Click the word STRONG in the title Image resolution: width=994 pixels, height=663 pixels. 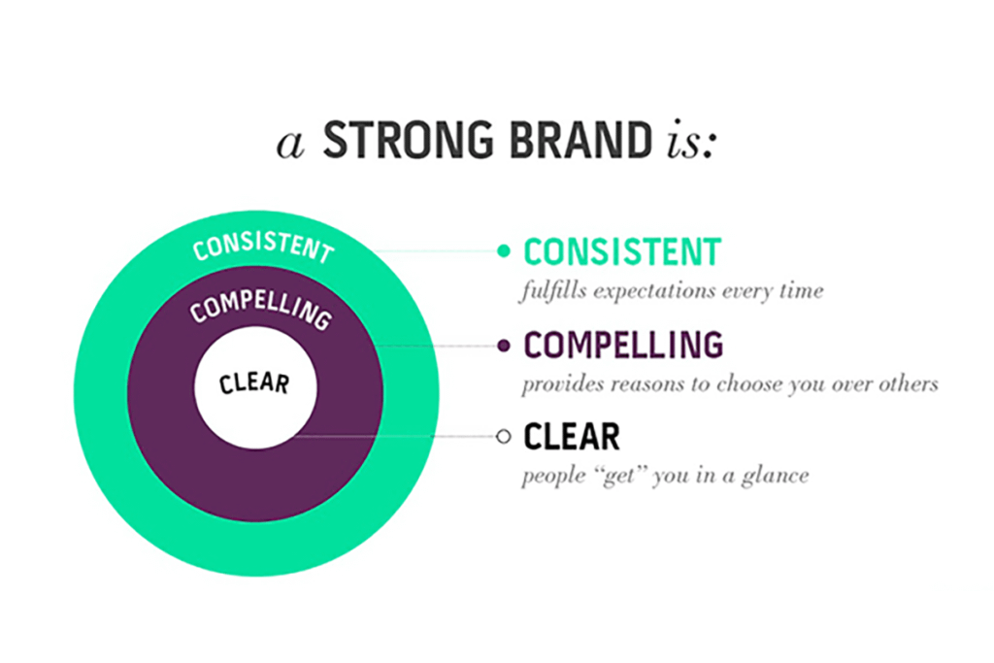409,140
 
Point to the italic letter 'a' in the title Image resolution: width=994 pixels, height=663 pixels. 291,145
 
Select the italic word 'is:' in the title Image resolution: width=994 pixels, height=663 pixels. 691,140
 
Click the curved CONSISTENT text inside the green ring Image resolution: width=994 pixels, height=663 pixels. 263,246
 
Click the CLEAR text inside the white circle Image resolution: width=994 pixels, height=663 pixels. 254,383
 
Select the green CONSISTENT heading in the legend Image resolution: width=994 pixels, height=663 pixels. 622,251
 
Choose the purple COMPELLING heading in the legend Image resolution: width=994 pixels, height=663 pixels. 623,346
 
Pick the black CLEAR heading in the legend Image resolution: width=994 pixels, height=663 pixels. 571,437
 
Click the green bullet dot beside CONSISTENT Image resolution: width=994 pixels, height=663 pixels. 504,251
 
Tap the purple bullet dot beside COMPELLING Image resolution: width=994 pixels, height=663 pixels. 504,346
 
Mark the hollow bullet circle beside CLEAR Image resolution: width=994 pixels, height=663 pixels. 504,436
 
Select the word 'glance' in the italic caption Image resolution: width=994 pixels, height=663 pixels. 776,477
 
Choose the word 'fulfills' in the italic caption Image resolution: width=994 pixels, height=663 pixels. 552,291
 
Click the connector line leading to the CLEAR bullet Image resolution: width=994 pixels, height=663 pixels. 396,437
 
